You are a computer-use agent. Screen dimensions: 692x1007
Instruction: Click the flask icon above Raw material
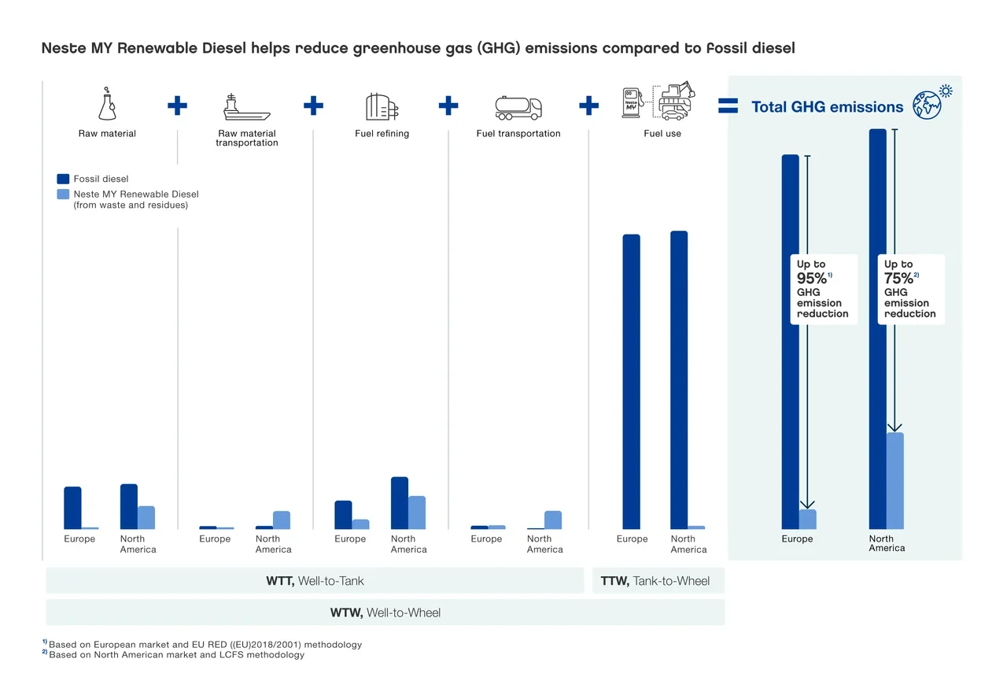click(x=106, y=105)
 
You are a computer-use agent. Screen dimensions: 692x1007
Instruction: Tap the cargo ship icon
click(x=246, y=106)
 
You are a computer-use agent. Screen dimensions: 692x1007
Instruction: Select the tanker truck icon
click(x=518, y=107)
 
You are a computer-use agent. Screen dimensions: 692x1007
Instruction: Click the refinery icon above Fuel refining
click(x=382, y=106)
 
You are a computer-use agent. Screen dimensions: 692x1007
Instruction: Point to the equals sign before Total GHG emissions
click(x=729, y=106)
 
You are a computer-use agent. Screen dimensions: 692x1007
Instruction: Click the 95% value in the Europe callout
click(x=812, y=279)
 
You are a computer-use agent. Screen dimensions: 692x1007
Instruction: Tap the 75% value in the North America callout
click(x=898, y=279)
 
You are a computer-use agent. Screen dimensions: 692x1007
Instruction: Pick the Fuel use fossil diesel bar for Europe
click(x=631, y=381)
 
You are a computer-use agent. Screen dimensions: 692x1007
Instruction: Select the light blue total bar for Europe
click(x=808, y=519)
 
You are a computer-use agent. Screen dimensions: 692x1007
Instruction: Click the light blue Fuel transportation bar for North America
click(x=553, y=520)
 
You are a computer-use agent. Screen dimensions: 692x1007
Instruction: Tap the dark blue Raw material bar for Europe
click(x=72, y=507)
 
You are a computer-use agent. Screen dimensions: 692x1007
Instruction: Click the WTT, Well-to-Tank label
click(x=315, y=581)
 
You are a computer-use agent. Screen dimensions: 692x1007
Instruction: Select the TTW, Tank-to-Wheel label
click(x=655, y=581)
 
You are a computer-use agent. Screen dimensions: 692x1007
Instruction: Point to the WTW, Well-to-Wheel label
click(x=385, y=612)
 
